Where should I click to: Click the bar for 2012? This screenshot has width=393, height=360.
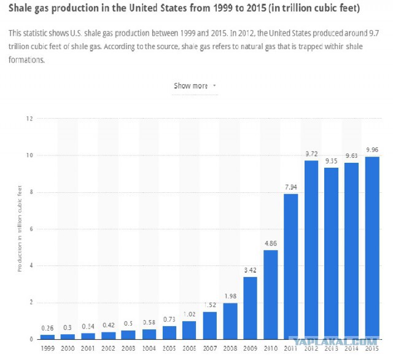coord(311,250)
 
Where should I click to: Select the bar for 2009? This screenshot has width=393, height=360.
coord(250,308)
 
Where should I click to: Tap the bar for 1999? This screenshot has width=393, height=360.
coord(47,337)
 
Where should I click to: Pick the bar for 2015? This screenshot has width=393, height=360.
coord(372,248)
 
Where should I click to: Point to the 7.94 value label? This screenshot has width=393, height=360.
coord(291,187)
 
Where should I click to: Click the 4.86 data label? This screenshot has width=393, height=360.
coord(271,243)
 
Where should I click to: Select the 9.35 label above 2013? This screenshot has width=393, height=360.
coord(332,161)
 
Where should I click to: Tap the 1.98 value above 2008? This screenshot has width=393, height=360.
coord(230,296)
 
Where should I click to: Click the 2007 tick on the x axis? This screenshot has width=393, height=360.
coord(210,348)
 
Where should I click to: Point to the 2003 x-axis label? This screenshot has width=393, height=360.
coord(128,348)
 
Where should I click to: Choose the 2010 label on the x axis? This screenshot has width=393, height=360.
coord(271,348)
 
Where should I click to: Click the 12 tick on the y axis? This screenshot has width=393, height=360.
coord(29,119)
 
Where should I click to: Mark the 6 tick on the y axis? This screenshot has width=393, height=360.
coord(31,229)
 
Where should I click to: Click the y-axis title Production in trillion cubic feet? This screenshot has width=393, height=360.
coord(20,229)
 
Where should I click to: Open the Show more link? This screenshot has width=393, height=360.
coord(191,86)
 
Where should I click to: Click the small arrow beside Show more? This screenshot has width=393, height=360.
coord(214,85)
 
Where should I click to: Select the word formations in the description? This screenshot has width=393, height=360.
coord(26,60)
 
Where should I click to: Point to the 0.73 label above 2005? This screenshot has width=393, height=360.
coord(169,319)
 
